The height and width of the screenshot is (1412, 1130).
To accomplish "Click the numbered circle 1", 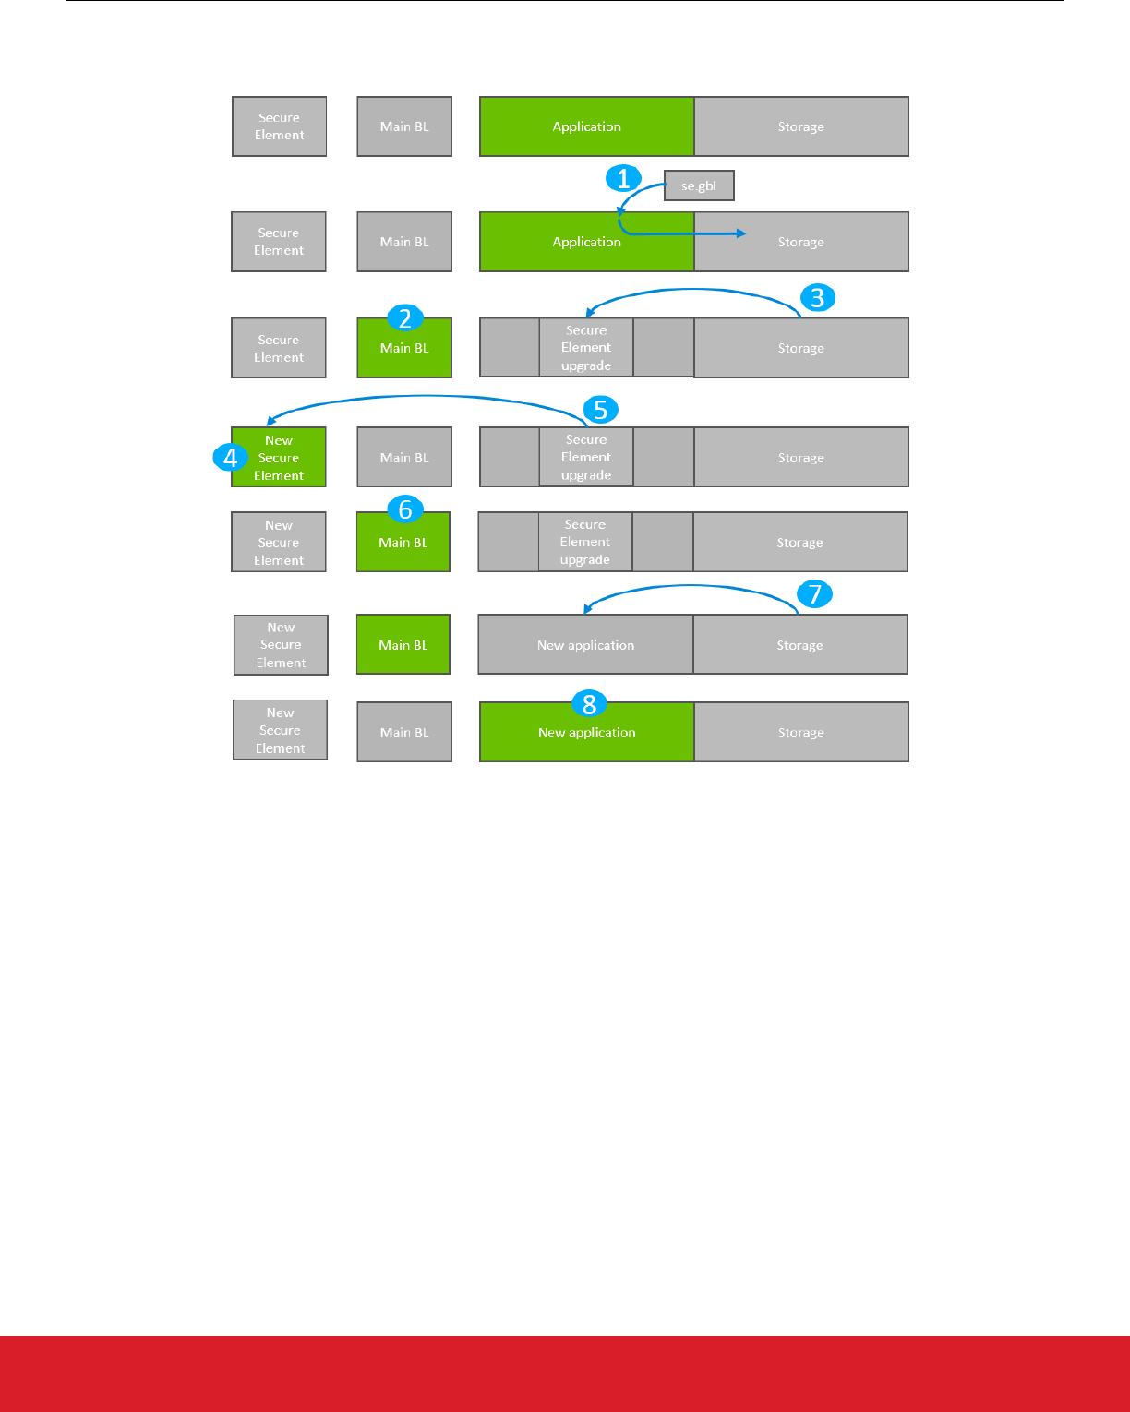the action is [623, 178].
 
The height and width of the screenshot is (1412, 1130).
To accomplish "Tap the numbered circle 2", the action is [404, 318].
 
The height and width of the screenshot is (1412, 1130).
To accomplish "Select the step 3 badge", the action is [817, 298].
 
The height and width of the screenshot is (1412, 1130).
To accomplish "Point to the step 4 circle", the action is [230, 457].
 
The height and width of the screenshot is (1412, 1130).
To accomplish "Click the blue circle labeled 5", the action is [600, 410].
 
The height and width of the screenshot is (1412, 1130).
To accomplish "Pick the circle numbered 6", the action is [404, 509].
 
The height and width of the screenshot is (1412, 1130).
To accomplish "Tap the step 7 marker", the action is [814, 594].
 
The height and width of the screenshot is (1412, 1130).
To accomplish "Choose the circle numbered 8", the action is [589, 704].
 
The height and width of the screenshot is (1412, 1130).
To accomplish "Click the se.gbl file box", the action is [699, 185].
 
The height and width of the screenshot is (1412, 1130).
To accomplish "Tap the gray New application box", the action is [585, 645].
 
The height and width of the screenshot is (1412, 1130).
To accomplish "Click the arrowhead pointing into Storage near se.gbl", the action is [741, 233].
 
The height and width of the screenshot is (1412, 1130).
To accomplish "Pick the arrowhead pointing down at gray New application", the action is [587, 608].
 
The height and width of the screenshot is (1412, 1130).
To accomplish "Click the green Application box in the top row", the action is [587, 126].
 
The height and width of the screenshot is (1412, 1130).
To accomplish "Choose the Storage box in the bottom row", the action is [800, 733].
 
